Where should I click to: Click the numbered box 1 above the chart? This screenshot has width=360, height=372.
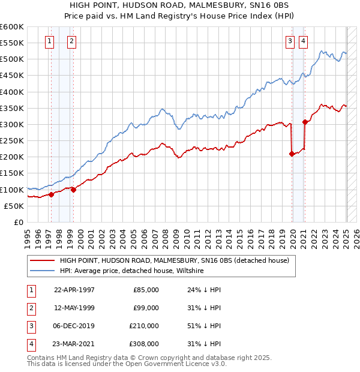49,41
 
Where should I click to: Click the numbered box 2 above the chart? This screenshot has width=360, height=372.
71,41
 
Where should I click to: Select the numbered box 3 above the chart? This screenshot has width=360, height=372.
290,41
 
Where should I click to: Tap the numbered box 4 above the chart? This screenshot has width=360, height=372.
303,41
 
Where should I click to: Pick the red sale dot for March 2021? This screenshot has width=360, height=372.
305,122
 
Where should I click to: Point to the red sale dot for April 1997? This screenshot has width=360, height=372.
52,194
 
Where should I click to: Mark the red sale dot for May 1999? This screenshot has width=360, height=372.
73,190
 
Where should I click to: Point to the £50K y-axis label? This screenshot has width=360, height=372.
14,206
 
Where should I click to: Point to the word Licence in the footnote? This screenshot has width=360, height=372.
193,364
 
